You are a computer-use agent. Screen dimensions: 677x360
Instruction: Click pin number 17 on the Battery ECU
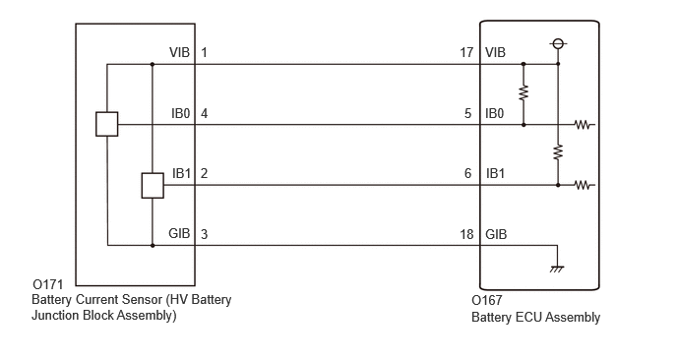pyautogui.click(x=466, y=53)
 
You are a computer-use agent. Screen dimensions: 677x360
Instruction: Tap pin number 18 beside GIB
pyautogui.click(x=466, y=234)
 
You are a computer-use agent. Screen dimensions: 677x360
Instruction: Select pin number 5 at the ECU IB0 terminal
pyautogui.click(x=468, y=113)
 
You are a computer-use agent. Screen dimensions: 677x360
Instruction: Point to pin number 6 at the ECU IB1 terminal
pyautogui.click(x=468, y=173)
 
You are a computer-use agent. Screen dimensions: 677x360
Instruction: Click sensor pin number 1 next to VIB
pyautogui.click(x=205, y=53)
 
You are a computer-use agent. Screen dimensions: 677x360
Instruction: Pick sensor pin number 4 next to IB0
pyautogui.click(x=205, y=113)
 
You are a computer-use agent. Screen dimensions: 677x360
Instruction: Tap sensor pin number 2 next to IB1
pyautogui.click(x=205, y=173)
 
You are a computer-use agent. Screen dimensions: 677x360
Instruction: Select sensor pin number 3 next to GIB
pyautogui.click(x=205, y=234)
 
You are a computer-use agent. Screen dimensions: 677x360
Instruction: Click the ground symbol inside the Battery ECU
pyautogui.click(x=557, y=269)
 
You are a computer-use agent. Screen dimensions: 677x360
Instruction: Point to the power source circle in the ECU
pyautogui.click(x=558, y=43)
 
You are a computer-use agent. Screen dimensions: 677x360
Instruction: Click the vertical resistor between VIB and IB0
pyautogui.click(x=523, y=93)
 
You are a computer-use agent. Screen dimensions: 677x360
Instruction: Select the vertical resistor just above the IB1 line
pyautogui.click(x=558, y=152)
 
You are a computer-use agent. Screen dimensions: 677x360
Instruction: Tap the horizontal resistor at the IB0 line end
pyautogui.click(x=584, y=125)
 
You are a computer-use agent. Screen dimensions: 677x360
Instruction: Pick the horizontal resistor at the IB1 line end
pyautogui.click(x=584, y=185)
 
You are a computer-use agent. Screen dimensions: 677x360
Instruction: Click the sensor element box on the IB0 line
pyautogui.click(x=106, y=124)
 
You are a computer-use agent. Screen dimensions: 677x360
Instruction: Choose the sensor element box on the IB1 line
pyautogui.click(x=153, y=186)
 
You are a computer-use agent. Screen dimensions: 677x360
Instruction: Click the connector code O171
pyautogui.click(x=48, y=285)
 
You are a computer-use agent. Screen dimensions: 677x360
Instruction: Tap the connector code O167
pyautogui.click(x=486, y=300)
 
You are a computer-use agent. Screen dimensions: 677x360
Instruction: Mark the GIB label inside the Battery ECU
pyautogui.click(x=496, y=234)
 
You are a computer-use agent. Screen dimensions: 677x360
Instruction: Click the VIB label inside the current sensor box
pyautogui.click(x=180, y=53)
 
